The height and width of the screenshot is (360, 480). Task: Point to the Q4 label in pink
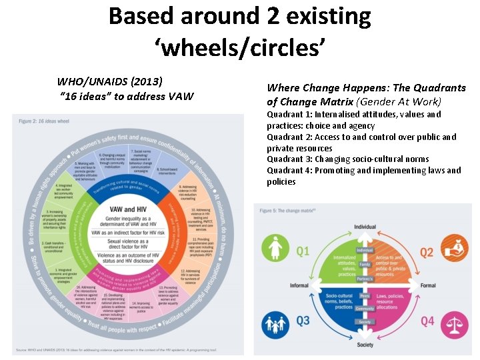(427, 321)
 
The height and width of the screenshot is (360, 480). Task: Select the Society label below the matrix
(365, 345)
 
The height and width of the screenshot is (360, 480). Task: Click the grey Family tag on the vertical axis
(365, 264)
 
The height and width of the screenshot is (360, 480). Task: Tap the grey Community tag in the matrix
(365, 309)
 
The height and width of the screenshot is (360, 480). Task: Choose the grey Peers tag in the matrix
(365, 295)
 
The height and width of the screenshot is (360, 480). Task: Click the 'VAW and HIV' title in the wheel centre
(128, 209)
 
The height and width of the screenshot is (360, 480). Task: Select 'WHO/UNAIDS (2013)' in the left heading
(110, 81)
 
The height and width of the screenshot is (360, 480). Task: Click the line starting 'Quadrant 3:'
(347, 159)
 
